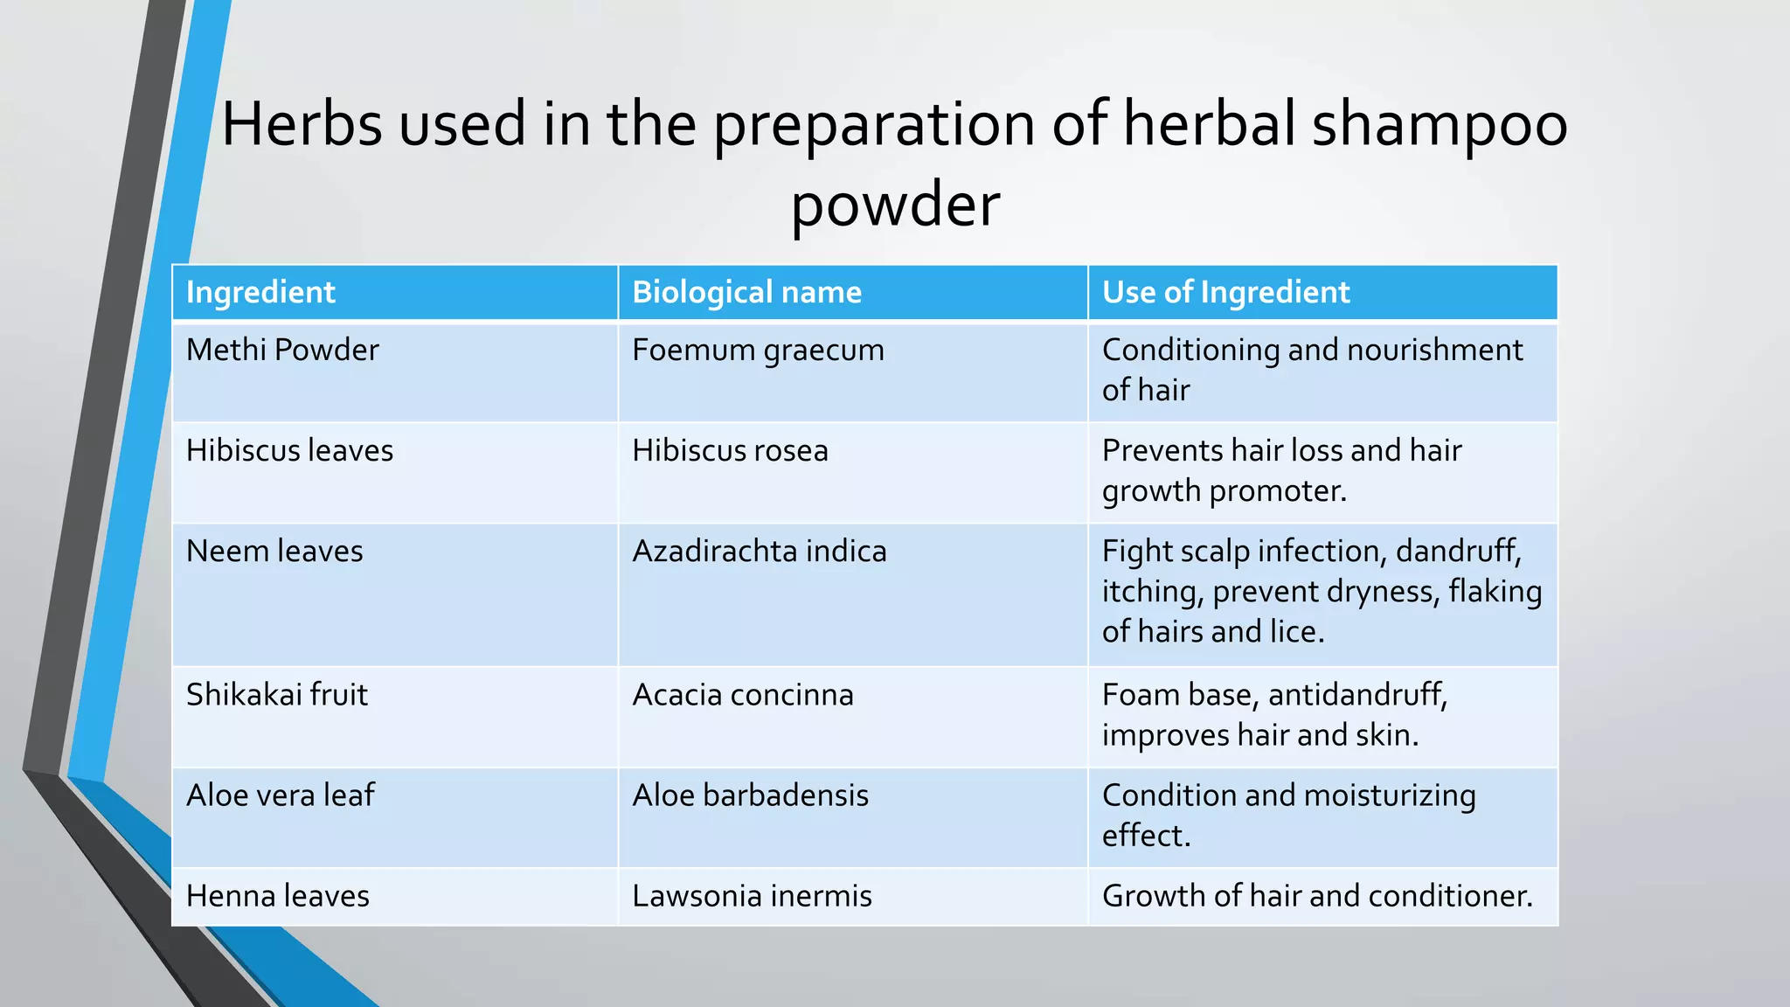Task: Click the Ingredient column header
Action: click(260, 292)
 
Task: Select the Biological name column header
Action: click(746, 292)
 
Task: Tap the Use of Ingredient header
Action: click(1225, 292)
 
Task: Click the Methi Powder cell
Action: click(282, 350)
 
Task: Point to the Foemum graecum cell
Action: click(758, 350)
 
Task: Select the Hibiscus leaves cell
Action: click(289, 450)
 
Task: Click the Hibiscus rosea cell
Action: click(730, 450)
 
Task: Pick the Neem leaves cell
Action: click(274, 551)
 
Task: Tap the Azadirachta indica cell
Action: click(759, 551)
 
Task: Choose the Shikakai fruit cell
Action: click(277, 694)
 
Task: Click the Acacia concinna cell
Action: click(742, 694)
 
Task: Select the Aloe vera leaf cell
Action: click(280, 795)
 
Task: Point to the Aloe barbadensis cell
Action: click(750, 795)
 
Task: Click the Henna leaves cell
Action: click(278, 896)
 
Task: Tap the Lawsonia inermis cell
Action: click(752, 896)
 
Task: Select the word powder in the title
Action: click(895, 205)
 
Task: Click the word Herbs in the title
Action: click(302, 123)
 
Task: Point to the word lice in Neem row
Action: click(1293, 631)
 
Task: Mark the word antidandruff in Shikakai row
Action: click(1356, 694)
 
